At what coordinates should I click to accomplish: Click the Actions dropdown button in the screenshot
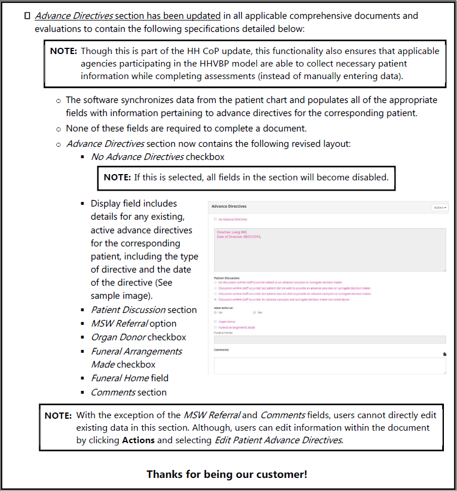[x=440, y=208]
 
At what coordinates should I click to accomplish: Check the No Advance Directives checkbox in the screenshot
[x=215, y=219]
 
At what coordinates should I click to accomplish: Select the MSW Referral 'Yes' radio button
[x=255, y=312]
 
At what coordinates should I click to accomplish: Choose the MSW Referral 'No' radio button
[x=215, y=312]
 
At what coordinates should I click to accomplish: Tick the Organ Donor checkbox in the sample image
[x=215, y=321]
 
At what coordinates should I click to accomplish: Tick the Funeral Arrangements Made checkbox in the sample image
[x=215, y=328]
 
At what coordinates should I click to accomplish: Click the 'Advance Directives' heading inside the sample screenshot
[x=229, y=207]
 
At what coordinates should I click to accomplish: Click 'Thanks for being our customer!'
[x=227, y=474]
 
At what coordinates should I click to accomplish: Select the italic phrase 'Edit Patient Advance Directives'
[x=278, y=440]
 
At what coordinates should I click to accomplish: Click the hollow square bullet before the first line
[x=27, y=16]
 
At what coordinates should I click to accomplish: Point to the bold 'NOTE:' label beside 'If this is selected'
[x=117, y=177]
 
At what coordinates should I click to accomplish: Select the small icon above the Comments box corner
[x=445, y=354]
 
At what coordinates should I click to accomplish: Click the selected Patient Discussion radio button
[x=215, y=299]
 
